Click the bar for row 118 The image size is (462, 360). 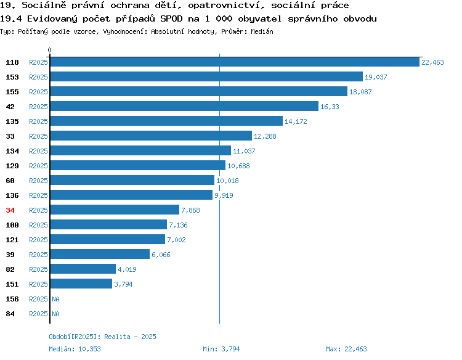click(235, 62)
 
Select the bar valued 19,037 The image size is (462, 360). click(206, 76)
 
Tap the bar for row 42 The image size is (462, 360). click(184, 106)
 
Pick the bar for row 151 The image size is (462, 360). click(81, 284)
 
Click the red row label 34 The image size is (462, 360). click(10, 210)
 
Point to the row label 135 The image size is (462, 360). click(12, 121)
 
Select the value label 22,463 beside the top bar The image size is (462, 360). click(432, 62)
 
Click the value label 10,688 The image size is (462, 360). click(238, 166)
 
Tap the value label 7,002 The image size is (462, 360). click(176, 240)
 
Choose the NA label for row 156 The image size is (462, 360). click(55, 299)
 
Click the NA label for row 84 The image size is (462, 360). click(55, 314)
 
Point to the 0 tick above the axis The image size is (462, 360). click(49, 50)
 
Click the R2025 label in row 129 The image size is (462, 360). click(38, 166)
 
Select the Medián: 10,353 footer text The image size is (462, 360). click(75, 349)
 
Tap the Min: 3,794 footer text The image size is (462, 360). click(221, 349)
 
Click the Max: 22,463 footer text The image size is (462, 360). click(346, 349)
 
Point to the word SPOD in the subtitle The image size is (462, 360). click(171, 18)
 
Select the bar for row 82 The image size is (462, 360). click(83, 269)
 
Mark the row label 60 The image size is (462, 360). click(10, 181)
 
